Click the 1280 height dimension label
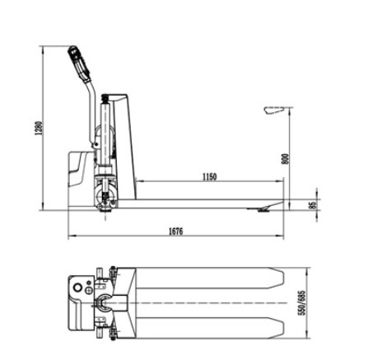coord(39,129)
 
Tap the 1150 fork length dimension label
coord(210,176)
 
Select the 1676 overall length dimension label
coord(175,231)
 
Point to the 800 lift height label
coord(286,159)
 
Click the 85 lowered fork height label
coord(313,205)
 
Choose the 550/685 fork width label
coord(302,302)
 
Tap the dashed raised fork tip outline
coord(273,110)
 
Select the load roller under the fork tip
coord(262,210)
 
